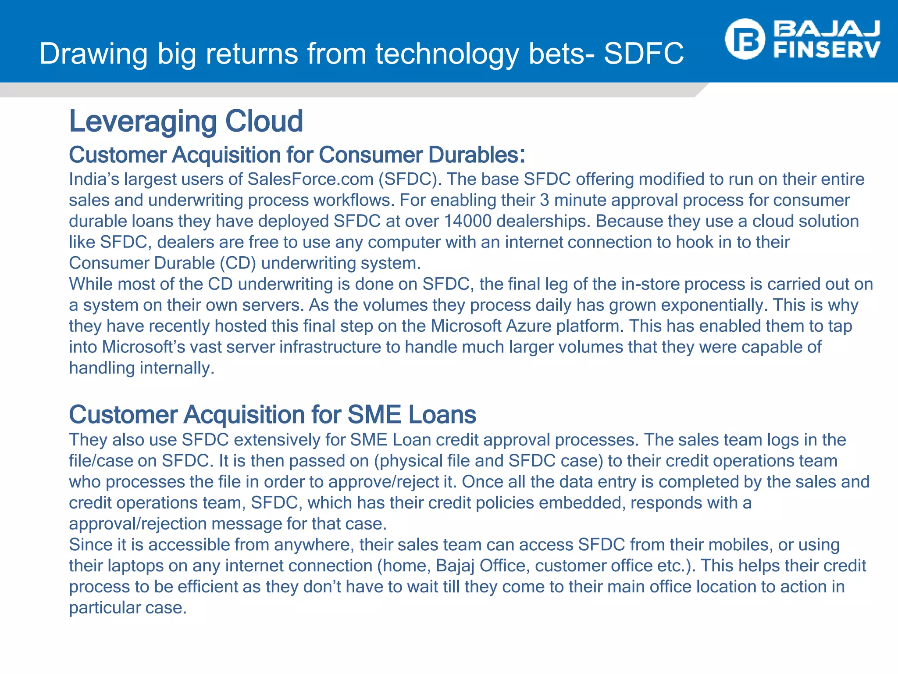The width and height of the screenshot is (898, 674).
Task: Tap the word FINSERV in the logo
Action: point(827,50)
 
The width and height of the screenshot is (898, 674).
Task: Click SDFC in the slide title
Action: point(644,54)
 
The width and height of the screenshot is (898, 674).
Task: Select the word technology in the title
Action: point(447,54)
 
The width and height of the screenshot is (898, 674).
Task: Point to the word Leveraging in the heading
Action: point(143,121)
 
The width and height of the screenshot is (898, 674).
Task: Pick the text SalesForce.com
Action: point(310,179)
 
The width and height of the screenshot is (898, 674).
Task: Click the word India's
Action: point(94,179)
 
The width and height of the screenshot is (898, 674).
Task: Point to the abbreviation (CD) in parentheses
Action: point(238,263)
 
